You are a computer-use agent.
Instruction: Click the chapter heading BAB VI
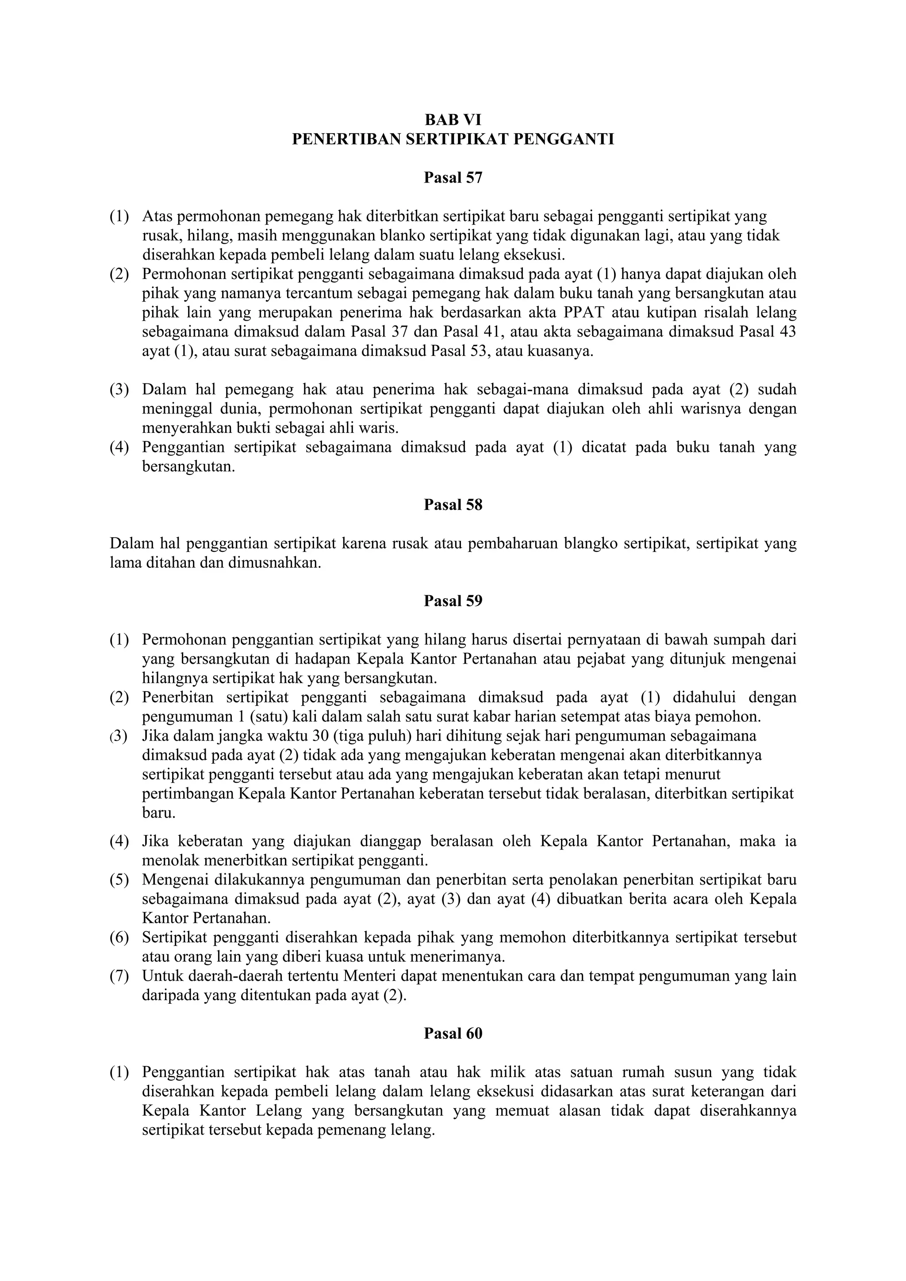point(453,120)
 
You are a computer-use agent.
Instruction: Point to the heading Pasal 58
point(453,505)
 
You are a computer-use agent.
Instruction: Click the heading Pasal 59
point(453,601)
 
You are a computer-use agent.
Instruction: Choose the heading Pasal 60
point(453,1034)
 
